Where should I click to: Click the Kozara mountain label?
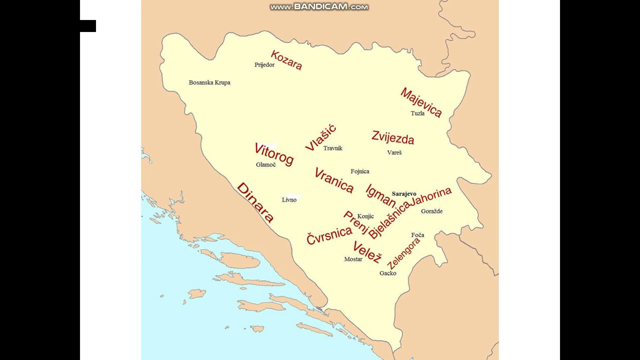[286, 60]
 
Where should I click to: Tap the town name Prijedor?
[264, 65]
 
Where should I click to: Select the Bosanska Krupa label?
[209, 82]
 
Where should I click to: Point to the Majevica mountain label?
[421, 102]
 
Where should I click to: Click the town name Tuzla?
[417, 113]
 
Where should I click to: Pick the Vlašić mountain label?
[320, 138]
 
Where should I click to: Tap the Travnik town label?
[333, 148]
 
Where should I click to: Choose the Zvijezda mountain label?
[392, 137]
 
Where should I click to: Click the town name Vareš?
[394, 152]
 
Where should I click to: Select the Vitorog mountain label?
[274, 154]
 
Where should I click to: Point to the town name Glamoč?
[265, 165]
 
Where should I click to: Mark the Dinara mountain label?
[255, 202]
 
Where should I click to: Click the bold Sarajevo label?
[404, 194]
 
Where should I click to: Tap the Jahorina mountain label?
[430, 197]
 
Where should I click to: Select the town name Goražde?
[431, 211]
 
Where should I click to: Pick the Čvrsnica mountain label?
[329, 235]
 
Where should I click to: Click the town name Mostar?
[353, 259]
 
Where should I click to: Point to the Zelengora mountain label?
[404, 253]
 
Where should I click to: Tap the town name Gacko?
[387, 273]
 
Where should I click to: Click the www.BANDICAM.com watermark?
[319, 7]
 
